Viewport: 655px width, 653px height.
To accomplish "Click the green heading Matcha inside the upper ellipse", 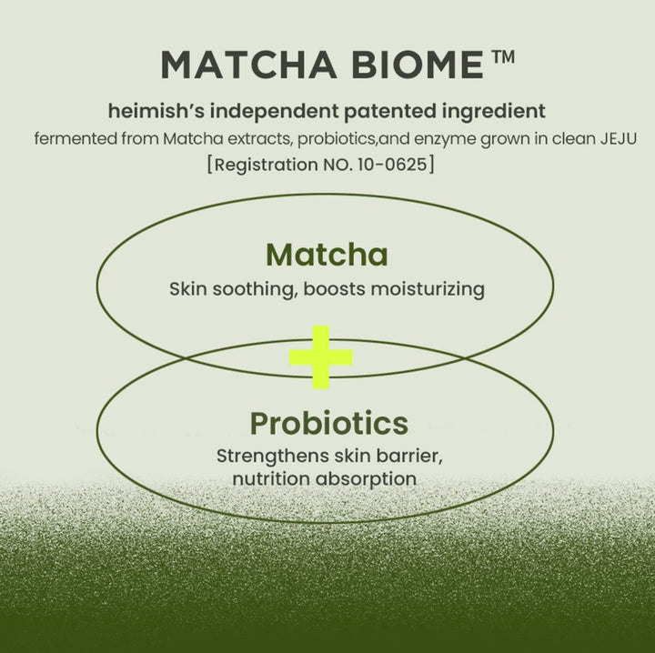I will (x=327, y=255).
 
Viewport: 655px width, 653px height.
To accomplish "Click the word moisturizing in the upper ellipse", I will (x=430, y=289).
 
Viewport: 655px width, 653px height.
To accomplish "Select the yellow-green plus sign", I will (x=321, y=357).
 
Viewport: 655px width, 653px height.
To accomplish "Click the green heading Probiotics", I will (x=328, y=423).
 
